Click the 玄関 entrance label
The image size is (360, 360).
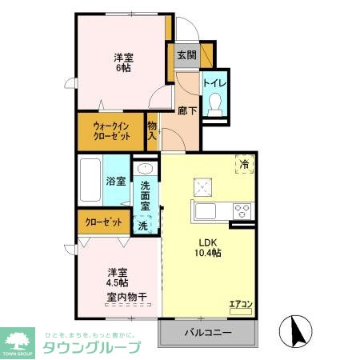click(186, 55)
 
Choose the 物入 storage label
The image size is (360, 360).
click(152, 130)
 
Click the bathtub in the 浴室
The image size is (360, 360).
click(90, 180)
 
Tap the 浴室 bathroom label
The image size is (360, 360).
click(116, 181)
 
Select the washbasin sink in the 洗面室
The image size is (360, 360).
click(145, 169)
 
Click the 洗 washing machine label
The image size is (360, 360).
click(143, 226)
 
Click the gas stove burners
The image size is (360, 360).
click(242, 210)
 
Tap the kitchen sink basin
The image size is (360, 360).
click(206, 211)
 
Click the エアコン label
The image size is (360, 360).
click(241, 303)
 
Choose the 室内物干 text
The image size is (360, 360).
click(126, 298)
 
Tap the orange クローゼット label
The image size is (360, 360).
click(104, 222)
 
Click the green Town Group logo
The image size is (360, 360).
click(18, 342)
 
